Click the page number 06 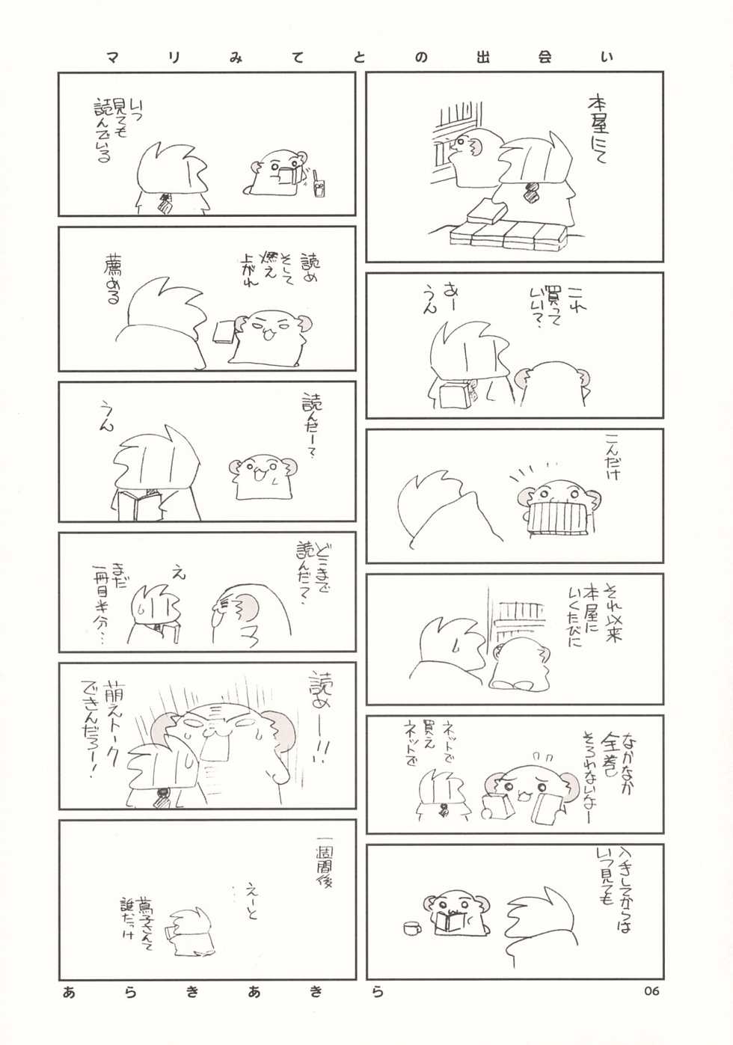click(x=650, y=991)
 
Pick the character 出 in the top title click(x=482, y=57)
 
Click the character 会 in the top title click(x=544, y=57)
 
